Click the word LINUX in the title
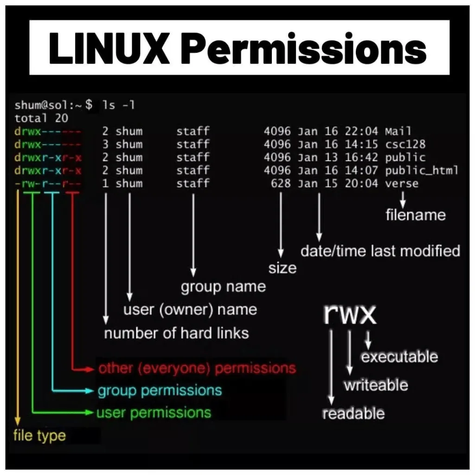tap(109, 48)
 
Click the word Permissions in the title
tap(305, 48)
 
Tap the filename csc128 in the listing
tap(405, 144)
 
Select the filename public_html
tap(422, 171)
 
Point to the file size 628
tap(281, 183)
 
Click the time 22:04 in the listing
tap(361, 131)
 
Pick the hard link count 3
tap(105, 144)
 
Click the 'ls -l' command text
tap(118, 105)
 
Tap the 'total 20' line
tap(41, 118)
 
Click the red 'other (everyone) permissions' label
tap(197, 368)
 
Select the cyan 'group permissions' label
tap(160, 391)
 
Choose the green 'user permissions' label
tap(154, 413)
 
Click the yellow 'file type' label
tap(40, 436)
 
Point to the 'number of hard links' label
tap(176, 333)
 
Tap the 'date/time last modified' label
tap(380, 251)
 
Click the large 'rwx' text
tap(350, 314)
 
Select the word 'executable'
tap(399, 357)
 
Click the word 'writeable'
tap(376, 385)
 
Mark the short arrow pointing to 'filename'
tap(403, 200)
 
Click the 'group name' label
tap(223, 287)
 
